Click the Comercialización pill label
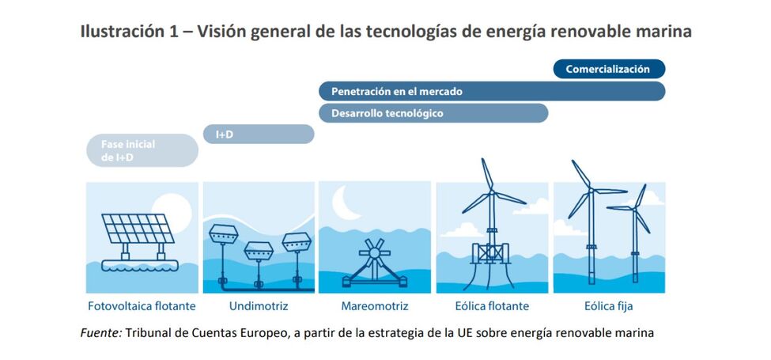(609, 69)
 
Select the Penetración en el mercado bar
(492, 92)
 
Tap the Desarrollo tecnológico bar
(433, 113)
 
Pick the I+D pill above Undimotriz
(259, 135)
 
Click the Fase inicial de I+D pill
(142, 150)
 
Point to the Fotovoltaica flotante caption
(142, 306)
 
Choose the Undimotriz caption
(259, 306)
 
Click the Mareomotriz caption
(375, 306)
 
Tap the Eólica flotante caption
(492, 306)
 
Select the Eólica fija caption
(609, 306)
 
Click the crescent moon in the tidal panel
(344, 203)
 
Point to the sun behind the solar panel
(173, 209)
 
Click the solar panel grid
(138, 228)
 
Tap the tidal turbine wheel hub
(375, 252)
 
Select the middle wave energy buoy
(259, 252)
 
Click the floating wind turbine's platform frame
(491, 252)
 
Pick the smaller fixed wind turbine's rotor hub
(634, 210)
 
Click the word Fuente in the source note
(101, 333)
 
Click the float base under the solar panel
(138, 265)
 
